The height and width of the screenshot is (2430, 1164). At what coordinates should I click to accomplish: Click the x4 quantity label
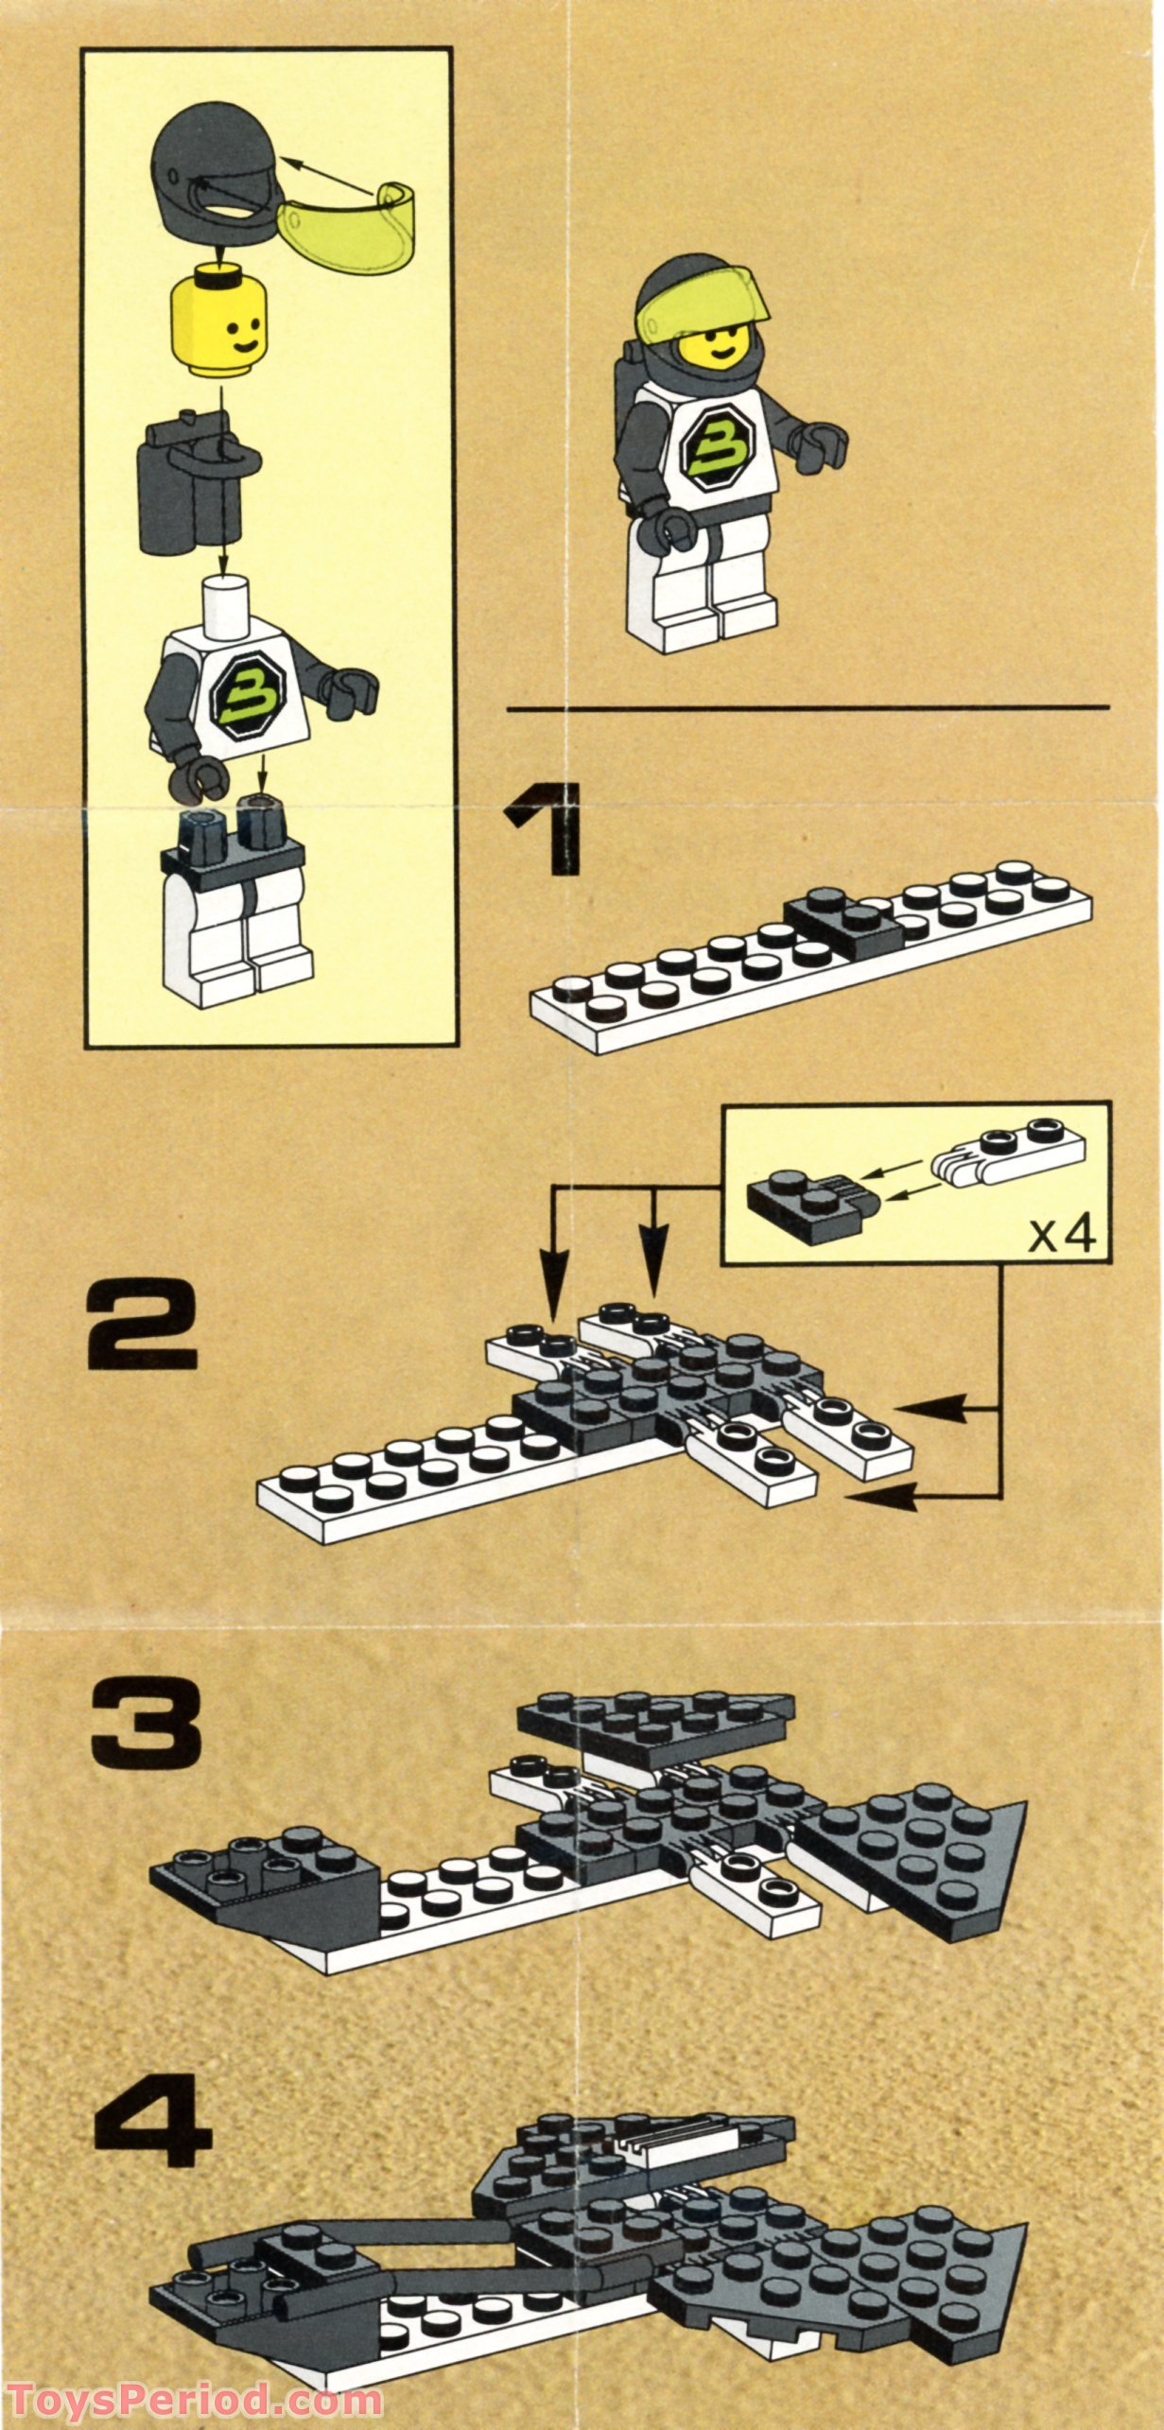pyautogui.click(x=1061, y=1235)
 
